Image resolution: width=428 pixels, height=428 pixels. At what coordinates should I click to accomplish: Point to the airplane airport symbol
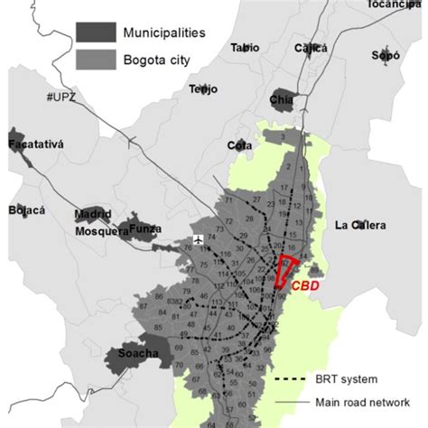point(199,239)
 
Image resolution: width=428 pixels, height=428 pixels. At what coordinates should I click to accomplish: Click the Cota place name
point(239,144)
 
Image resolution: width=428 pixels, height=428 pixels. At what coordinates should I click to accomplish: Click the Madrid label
point(93,215)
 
